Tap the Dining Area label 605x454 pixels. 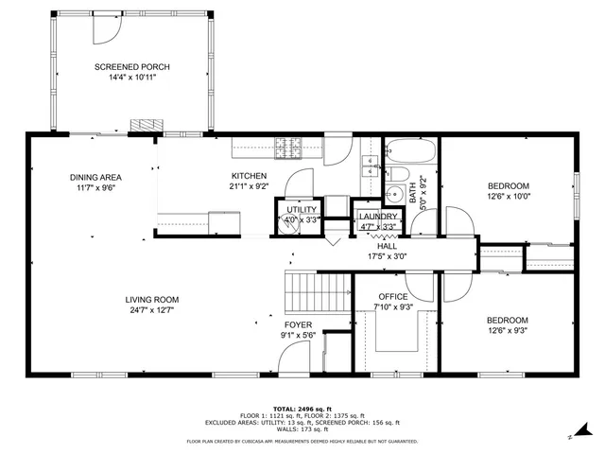click(95, 177)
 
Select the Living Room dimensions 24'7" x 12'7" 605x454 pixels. click(152, 309)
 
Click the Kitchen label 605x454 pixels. click(250, 176)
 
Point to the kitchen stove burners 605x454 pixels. click(287, 147)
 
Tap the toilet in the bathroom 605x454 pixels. click(399, 173)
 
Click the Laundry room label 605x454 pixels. click(378, 218)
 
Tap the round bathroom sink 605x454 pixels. click(413, 194)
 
